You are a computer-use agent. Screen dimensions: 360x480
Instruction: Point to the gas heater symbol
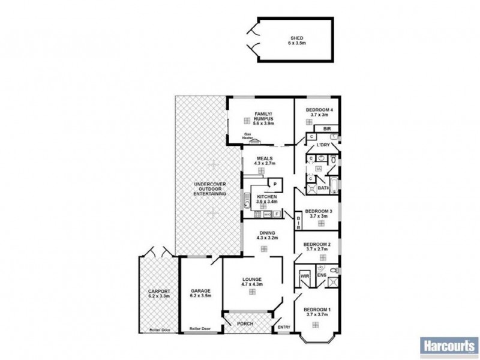coord(255,142)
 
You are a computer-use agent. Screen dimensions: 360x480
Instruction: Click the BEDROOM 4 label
coord(319,110)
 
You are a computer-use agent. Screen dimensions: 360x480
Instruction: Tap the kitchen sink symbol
coord(247,200)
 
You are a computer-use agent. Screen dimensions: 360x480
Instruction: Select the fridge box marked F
coord(277,214)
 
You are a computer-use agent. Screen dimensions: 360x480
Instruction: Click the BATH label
coord(323,188)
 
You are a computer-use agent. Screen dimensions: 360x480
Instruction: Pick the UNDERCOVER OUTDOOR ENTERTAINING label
coord(209,189)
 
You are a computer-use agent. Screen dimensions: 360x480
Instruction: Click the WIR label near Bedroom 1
coord(304,277)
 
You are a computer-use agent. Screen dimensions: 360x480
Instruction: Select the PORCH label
coord(245,324)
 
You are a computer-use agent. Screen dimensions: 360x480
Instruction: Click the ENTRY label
coord(283,327)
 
